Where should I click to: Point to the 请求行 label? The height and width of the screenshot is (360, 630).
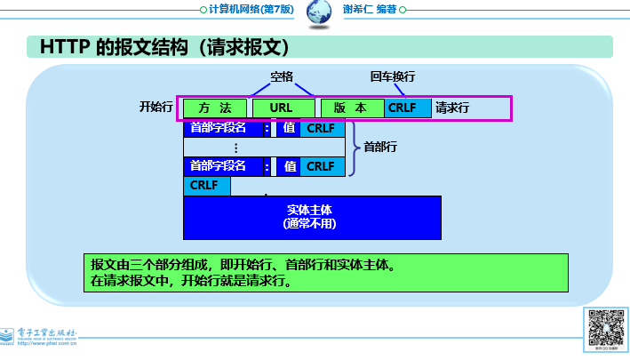[452, 108]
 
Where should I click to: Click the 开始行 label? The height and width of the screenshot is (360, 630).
[156, 108]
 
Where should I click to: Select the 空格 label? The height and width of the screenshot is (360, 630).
[282, 76]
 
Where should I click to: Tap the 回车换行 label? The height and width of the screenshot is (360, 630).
[393, 76]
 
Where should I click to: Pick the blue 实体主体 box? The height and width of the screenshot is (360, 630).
[312, 217]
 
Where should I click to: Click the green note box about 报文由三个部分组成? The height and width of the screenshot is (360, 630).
[324, 273]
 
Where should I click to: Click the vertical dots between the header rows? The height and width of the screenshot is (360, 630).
[235, 147]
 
